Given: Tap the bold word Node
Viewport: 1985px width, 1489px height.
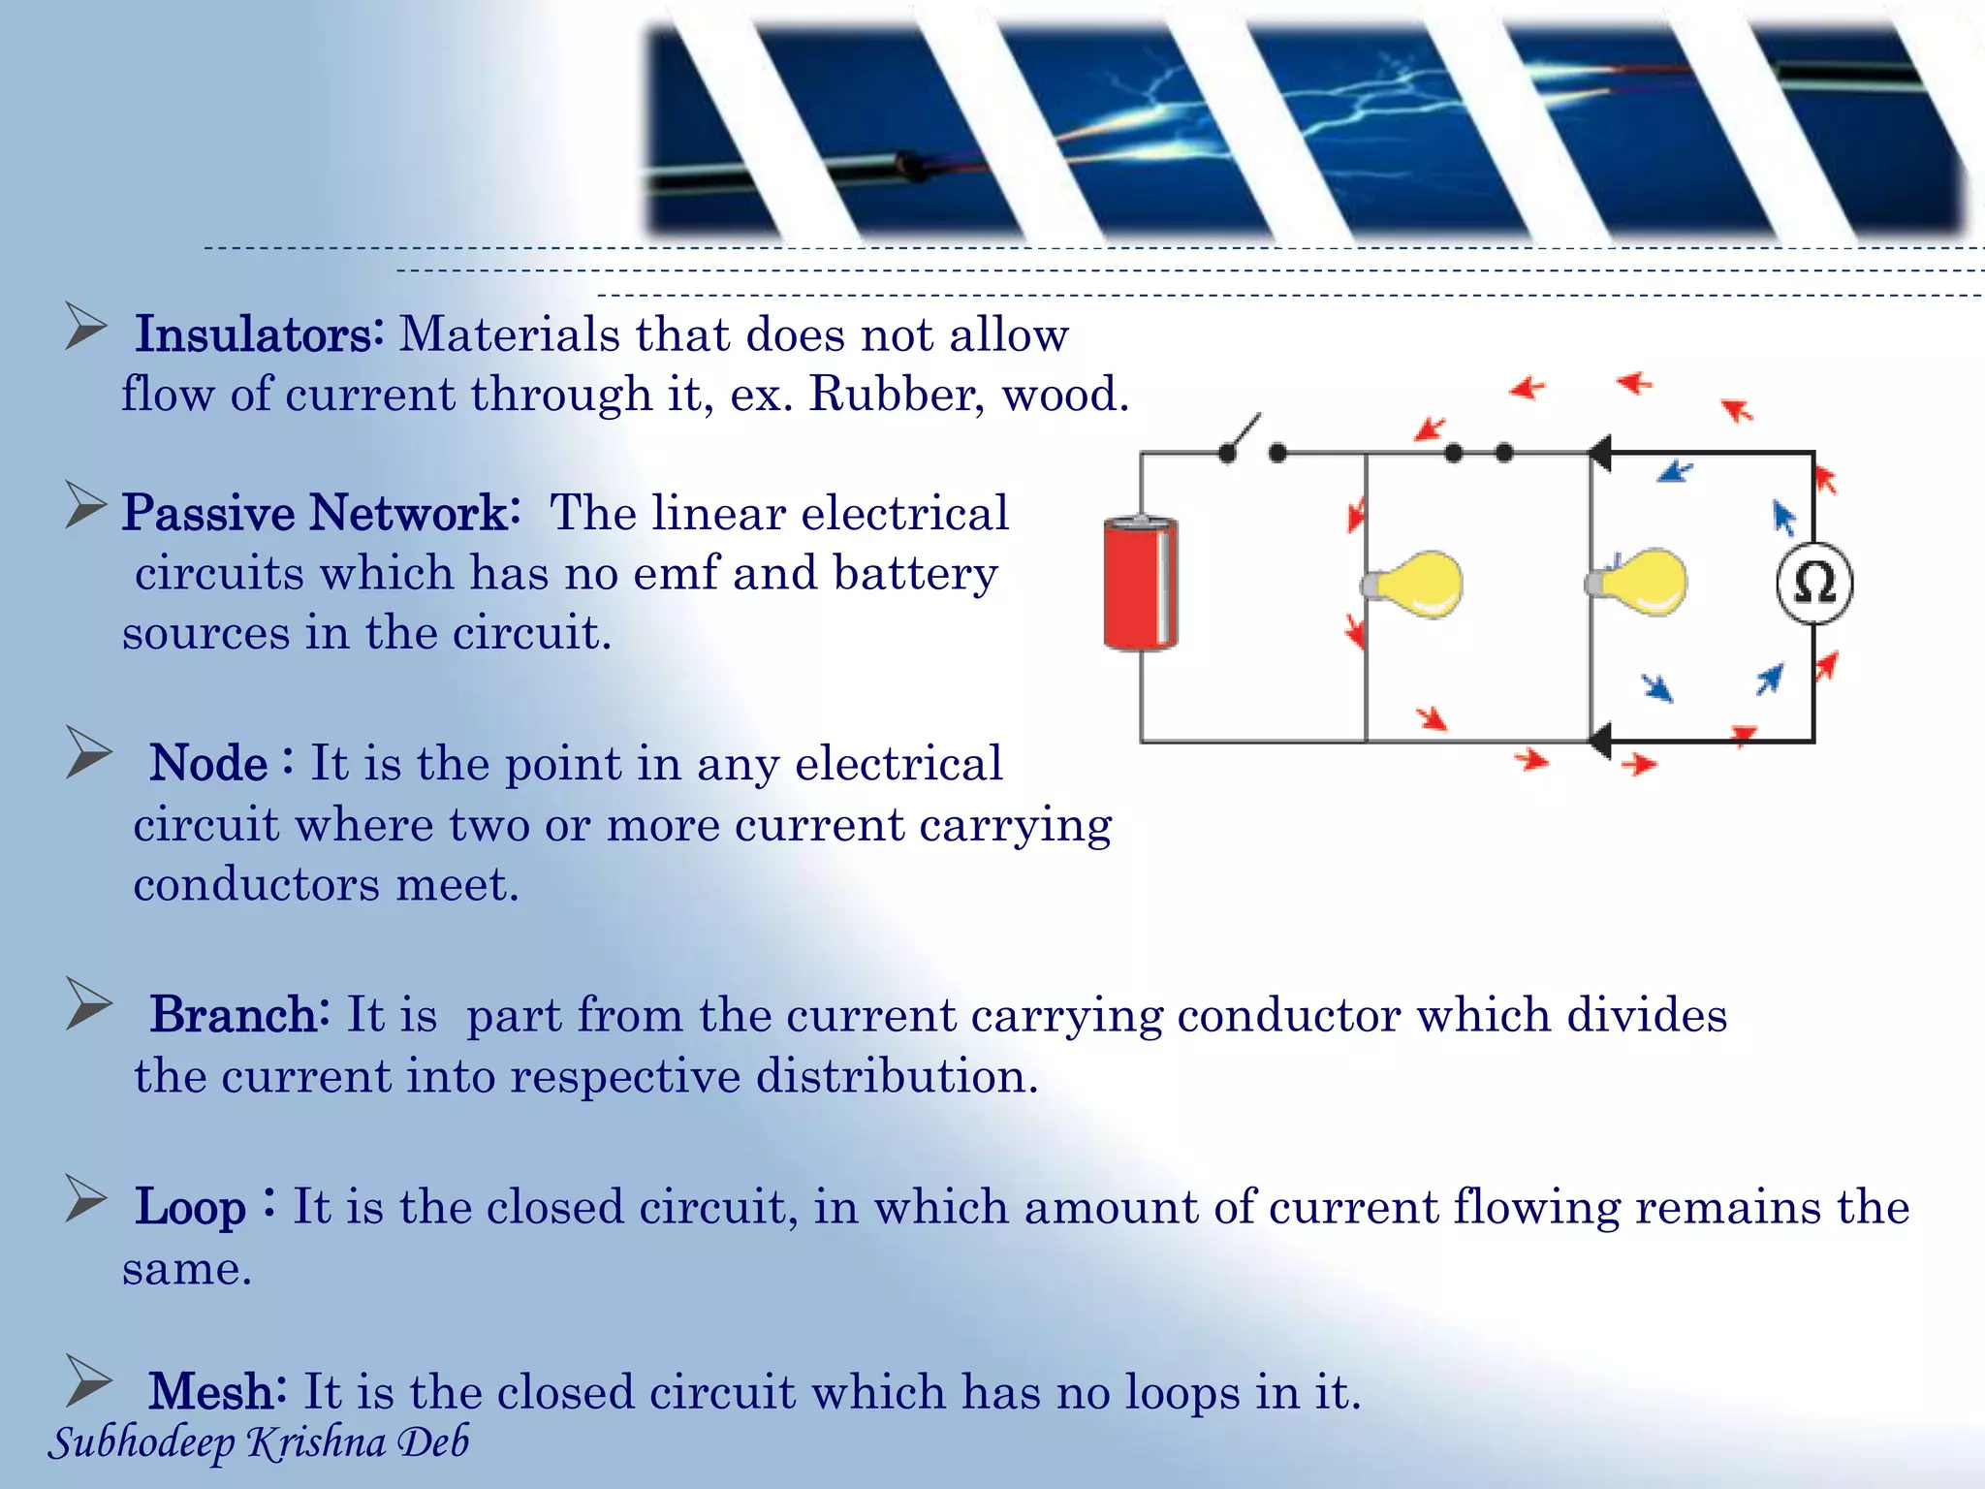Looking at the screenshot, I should click(x=209, y=764).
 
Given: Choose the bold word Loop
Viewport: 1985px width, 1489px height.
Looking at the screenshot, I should click(x=191, y=1208).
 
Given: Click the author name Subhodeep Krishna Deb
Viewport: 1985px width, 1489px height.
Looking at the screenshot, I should click(x=259, y=1442).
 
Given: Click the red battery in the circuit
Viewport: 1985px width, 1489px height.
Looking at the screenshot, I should click(x=1141, y=584).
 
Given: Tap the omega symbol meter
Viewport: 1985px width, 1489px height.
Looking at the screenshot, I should click(x=1814, y=584).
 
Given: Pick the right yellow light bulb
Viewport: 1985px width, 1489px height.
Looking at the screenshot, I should click(x=1640, y=582).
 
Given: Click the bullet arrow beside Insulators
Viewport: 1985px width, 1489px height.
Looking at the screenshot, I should click(x=85, y=327).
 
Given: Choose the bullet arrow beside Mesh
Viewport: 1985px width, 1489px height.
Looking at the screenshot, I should click(x=89, y=1380).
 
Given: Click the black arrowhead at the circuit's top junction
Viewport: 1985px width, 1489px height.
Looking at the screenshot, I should click(x=1600, y=453).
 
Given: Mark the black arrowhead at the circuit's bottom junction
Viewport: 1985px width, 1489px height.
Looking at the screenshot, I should click(x=1600, y=742).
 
